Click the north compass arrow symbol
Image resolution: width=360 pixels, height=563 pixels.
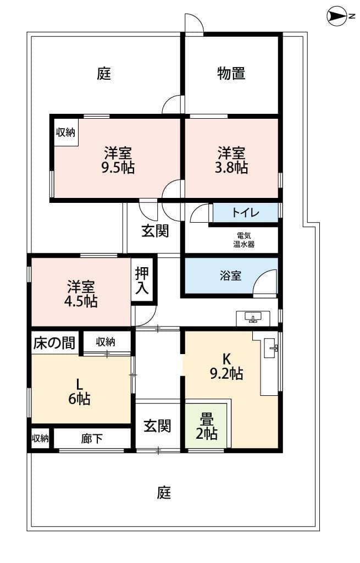(x=336, y=16)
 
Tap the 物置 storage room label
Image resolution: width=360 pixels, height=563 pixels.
(x=231, y=73)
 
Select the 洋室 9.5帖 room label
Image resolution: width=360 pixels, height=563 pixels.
(x=119, y=160)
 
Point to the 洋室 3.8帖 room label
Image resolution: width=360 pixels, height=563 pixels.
(x=231, y=160)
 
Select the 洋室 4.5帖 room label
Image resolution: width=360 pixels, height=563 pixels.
(x=81, y=294)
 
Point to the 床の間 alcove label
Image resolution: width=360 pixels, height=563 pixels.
(x=54, y=344)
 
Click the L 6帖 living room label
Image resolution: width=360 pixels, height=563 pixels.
(x=80, y=392)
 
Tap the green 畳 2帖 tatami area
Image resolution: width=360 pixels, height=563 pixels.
(x=207, y=427)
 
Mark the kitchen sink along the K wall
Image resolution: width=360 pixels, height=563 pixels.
(x=270, y=348)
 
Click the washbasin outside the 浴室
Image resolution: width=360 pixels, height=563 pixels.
(x=253, y=318)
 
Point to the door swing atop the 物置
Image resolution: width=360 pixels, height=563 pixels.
(x=193, y=24)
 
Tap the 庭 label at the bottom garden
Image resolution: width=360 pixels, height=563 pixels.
(x=164, y=493)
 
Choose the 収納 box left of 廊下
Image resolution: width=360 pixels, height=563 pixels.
(x=40, y=439)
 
